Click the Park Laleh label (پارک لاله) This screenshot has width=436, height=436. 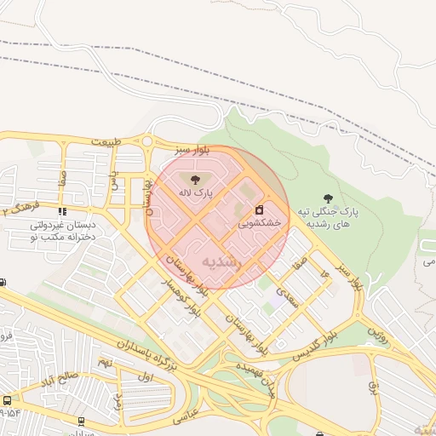point(195,193)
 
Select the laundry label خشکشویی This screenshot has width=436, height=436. point(258,223)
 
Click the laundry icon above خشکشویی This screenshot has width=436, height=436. point(259,209)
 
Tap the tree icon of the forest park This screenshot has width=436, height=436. point(328,198)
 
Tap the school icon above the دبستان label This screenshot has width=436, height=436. point(60,212)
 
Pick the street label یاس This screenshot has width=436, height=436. point(114,178)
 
